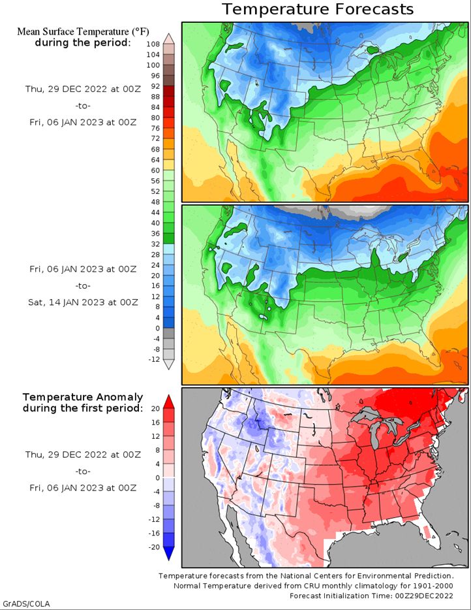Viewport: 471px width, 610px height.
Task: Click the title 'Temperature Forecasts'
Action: (x=318, y=9)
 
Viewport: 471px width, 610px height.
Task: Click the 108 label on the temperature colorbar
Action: (x=153, y=44)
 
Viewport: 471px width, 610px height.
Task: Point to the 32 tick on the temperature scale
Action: (x=155, y=244)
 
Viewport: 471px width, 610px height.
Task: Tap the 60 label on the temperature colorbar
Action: (x=155, y=170)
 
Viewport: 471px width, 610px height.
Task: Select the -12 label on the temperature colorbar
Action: (x=154, y=359)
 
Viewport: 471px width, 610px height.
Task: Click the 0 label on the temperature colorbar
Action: (x=157, y=329)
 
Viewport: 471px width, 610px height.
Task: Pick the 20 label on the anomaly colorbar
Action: (x=155, y=409)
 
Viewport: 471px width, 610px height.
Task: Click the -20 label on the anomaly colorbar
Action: (x=154, y=547)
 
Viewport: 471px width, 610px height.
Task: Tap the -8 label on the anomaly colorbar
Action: (x=155, y=506)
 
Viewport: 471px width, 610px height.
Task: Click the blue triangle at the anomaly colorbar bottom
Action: (x=169, y=553)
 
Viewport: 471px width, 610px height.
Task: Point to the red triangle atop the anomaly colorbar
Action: (x=169, y=402)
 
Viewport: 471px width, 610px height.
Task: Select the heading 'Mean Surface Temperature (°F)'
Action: (x=83, y=31)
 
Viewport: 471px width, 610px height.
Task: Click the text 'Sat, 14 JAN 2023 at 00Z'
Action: (x=83, y=302)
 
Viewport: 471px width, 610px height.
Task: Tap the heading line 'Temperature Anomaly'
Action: (x=83, y=397)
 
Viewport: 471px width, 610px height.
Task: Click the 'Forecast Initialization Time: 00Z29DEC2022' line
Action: (x=371, y=596)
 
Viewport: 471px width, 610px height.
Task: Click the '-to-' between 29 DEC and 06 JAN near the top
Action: (x=83, y=106)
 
